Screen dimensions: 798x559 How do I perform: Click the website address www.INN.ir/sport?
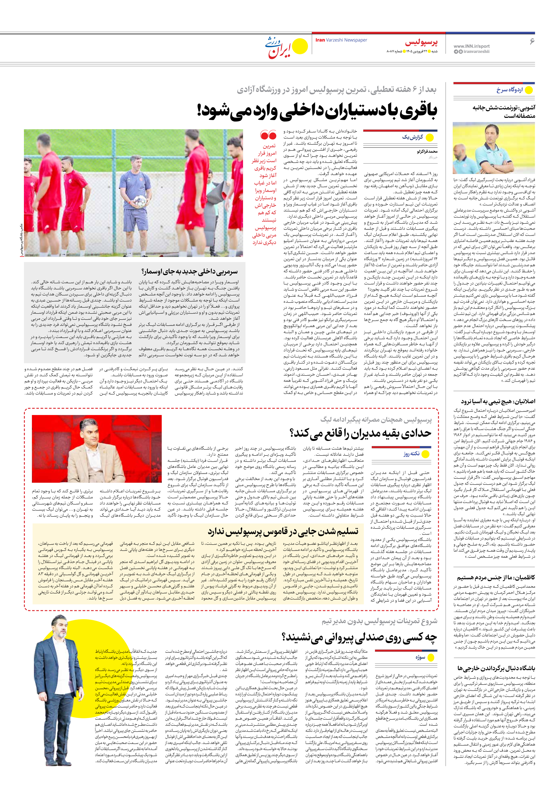pos(471,46)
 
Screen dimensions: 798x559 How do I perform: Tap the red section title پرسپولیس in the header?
pos(421,42)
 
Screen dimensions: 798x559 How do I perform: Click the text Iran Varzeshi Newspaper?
pos(341,40)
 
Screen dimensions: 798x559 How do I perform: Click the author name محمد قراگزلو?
pos(427,152)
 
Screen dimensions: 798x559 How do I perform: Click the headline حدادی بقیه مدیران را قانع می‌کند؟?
pos(360,433)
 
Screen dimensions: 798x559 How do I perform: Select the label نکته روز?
pos(411,454)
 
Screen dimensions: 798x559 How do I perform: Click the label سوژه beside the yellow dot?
pos(420,657)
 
